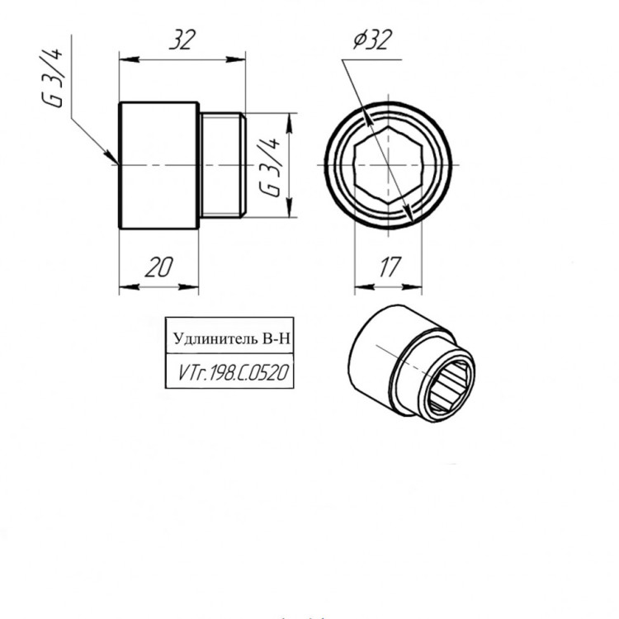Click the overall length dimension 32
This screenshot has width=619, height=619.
tap(182, 40)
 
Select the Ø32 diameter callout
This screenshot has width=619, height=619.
tap(372, 40)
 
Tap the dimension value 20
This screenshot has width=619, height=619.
tap(158, 267)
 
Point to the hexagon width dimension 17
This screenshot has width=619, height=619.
tap(390, 267)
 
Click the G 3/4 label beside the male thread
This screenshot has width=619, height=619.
tap(270, 168)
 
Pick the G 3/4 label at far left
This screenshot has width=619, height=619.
tap(52, 78)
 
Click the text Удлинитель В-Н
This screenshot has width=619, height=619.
tap(232, 338)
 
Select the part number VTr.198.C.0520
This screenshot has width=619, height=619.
tap(234, 373)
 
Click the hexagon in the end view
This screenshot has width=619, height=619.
tap(389, 165)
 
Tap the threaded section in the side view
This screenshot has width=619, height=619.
tap(222, 165)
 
